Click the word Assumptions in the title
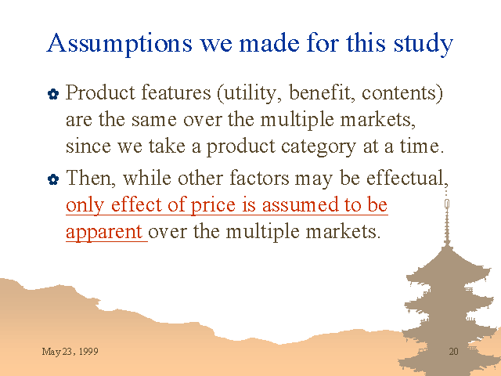tap(120, 44)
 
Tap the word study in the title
tap(424, 44)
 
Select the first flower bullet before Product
tap(53, 94)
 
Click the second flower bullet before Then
tap(53, 179)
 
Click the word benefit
tap(322, 92)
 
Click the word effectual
tap(407, 178)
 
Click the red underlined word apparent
tap(104, 233)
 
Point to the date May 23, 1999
tap(70, 352)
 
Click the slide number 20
tap(454, 352)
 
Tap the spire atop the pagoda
tap(447, 218)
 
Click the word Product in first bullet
tap(100, 92)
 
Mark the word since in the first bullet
tap(88, 146)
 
